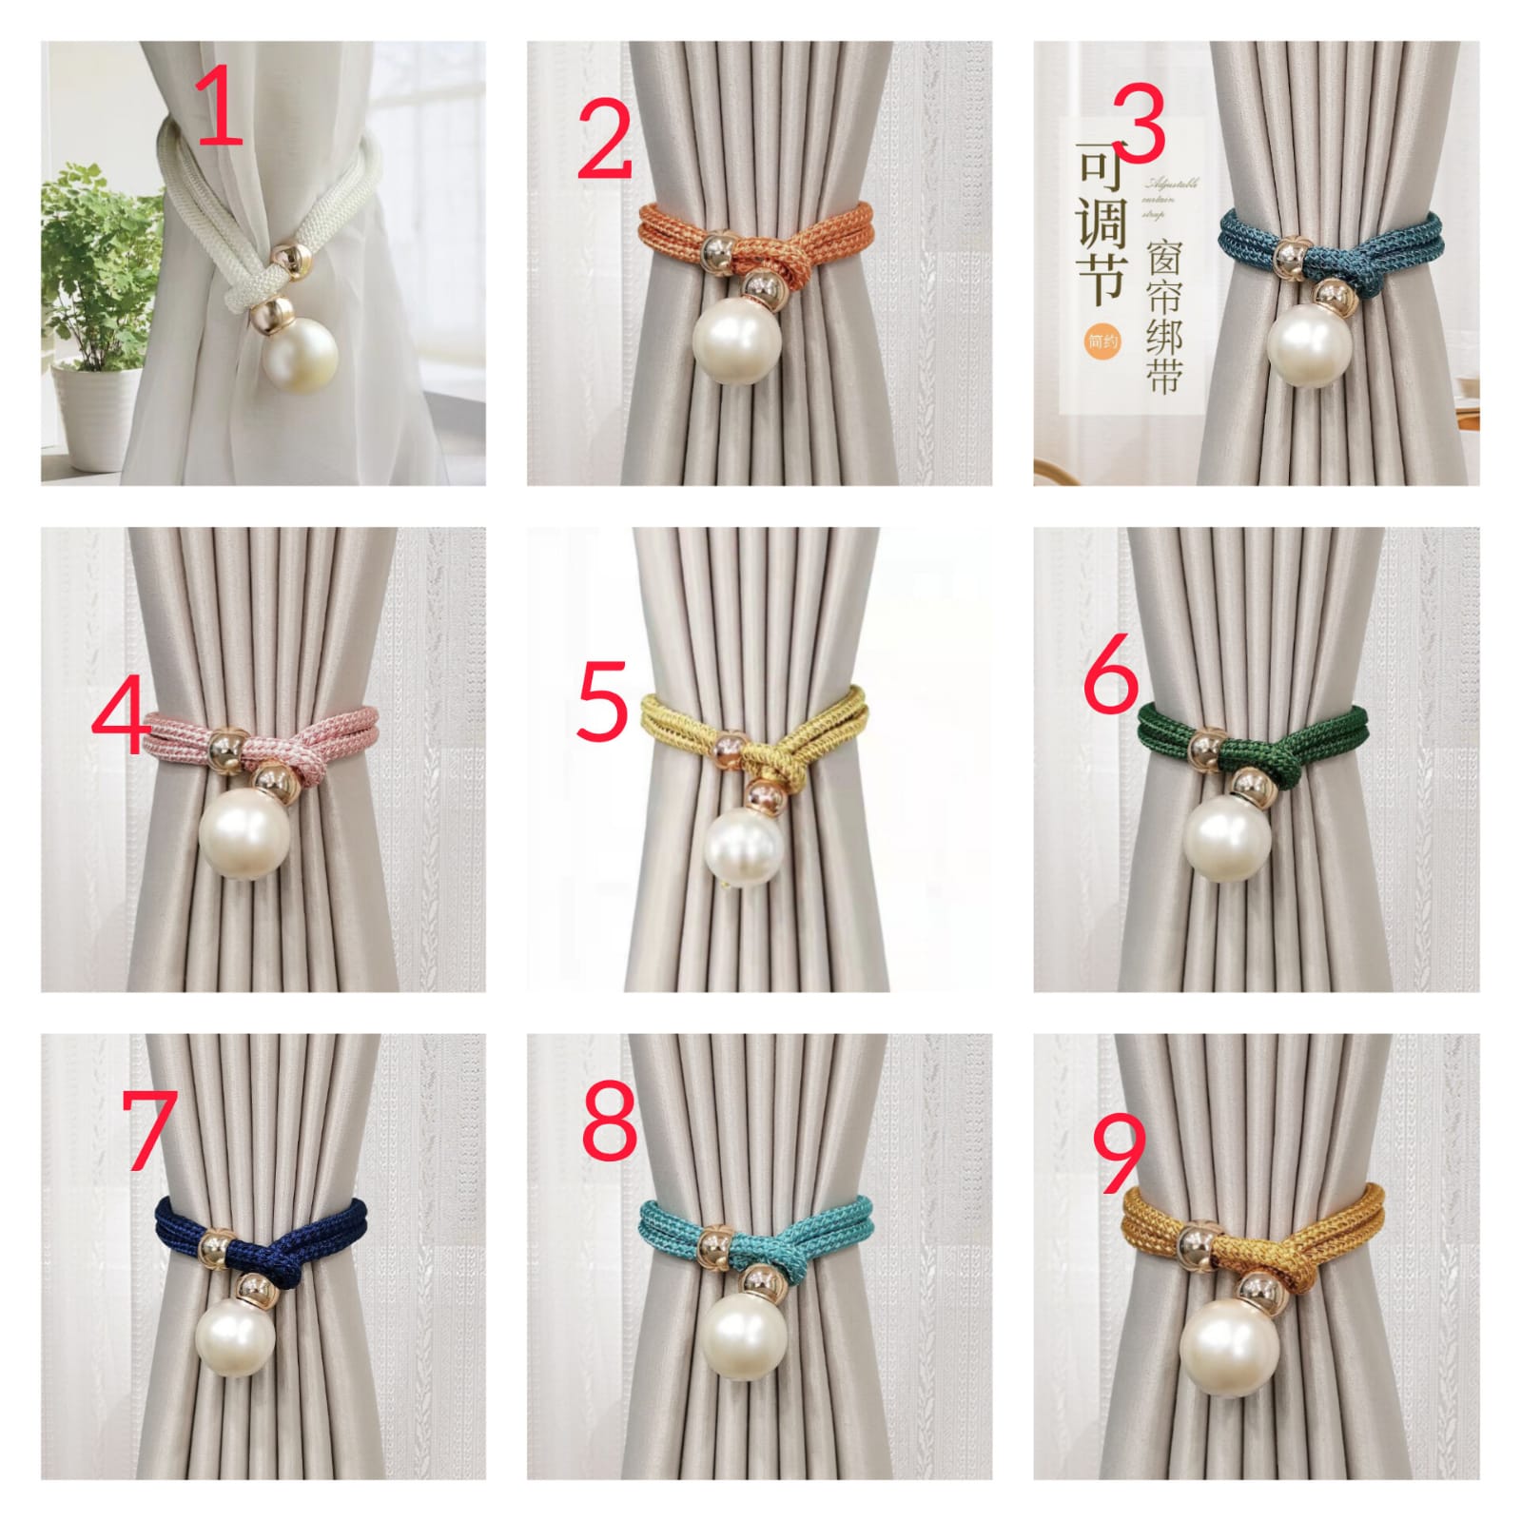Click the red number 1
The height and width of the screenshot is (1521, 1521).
pos(221,110)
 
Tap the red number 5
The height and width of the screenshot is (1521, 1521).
pos(602,703)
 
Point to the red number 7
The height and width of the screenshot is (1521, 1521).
pos(150,1129)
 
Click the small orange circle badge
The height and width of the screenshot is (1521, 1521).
pos(1102,341)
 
